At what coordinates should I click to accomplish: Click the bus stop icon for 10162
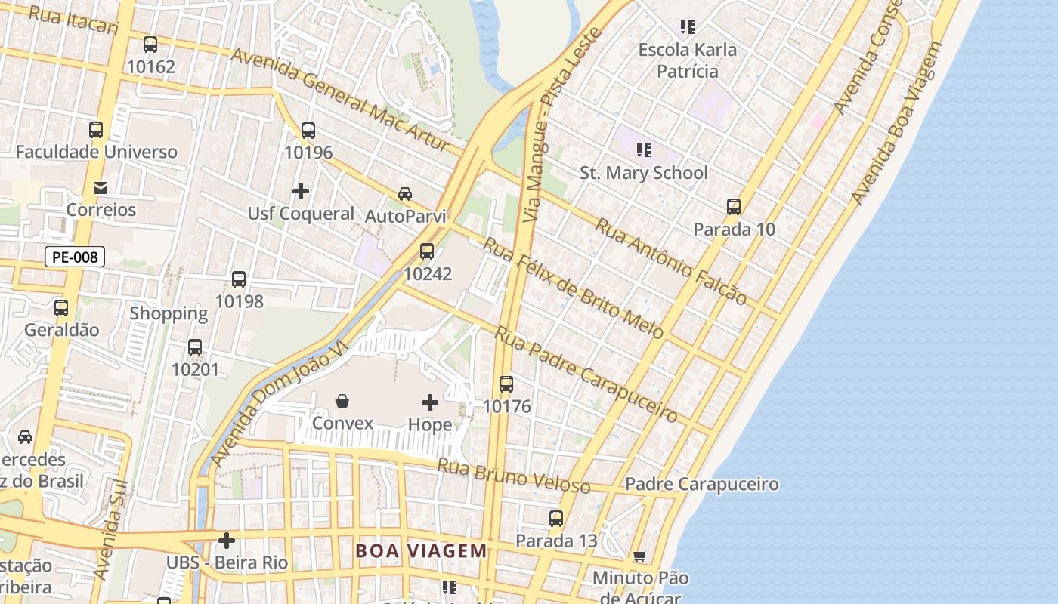[150, 45]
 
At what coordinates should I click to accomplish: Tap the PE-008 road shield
[75, 257]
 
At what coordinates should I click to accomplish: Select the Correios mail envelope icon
[101, 187]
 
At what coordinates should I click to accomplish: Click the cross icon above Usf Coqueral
[301, 191]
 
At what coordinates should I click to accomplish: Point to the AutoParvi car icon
[405, 194]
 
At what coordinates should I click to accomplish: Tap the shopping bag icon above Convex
[342, 400]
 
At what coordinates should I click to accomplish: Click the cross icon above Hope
[430, 402]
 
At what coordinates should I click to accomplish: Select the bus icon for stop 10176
[506, 384]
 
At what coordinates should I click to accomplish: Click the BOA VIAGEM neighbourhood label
[422, 550]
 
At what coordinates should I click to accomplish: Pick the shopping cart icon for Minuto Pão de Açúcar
[640, 556]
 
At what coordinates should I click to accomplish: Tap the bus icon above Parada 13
[556, 519]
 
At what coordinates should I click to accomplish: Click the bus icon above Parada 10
[734, 207]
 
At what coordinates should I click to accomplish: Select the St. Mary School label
[644, 173]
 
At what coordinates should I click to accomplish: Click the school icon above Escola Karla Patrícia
[687, 28]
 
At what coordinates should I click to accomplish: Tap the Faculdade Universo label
[97, 152]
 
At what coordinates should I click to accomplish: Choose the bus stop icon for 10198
[239, 279]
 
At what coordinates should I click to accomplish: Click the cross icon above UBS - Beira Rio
[227, 541]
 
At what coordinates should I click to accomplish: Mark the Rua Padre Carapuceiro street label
[586, 374]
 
